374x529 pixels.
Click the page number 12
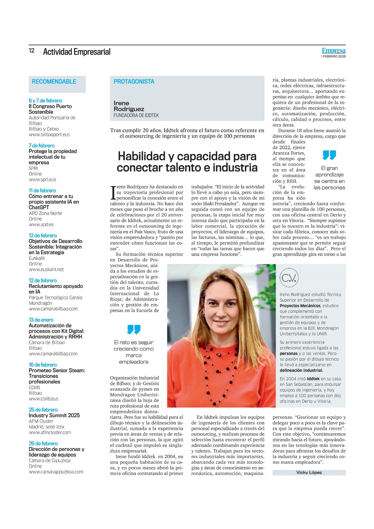point(32,51)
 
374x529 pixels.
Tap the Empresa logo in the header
point(333,51)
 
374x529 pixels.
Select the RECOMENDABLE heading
point(54,82)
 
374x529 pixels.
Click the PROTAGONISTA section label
point(134,82)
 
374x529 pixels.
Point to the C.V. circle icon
point(289,278)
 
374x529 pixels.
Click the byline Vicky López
point(309,472)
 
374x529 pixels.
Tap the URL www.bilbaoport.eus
point(49,134)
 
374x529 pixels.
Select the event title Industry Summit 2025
point(54,415)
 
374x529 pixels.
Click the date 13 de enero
point(41,320)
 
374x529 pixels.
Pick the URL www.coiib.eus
point(43,398)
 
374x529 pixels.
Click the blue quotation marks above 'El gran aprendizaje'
point(329,155)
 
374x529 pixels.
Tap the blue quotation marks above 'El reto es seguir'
point(134,329)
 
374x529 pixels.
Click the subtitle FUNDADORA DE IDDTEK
point(136,115)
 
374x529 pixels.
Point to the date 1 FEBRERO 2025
point(333,56)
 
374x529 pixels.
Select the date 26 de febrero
point(43,443)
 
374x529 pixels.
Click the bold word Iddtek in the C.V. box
point(313,379)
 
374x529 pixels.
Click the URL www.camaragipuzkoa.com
point(56,472)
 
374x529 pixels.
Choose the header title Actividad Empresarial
point(77,52)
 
